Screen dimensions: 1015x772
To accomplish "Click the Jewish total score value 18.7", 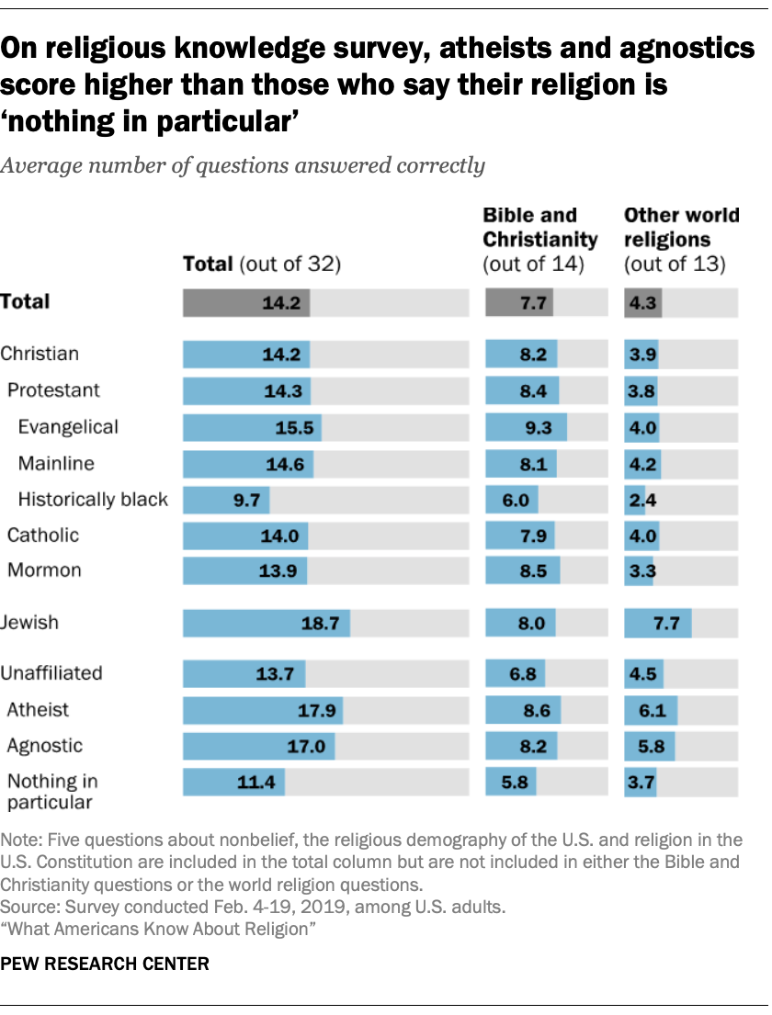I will click(x=321, y=624).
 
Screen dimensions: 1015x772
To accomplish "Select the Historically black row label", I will click(x=93, y=500).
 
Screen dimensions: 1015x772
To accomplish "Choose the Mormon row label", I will click(x=44, y=570).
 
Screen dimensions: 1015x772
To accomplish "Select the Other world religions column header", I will click(x=681, y=240).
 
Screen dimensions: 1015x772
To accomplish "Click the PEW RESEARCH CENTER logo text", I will click(x=105, y=964).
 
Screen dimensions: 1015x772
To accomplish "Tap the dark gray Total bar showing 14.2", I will click(x=246, y=302).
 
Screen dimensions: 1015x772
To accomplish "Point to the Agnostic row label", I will click(x=45, y=746).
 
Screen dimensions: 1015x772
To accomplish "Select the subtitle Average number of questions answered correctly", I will click(x=243, y=166).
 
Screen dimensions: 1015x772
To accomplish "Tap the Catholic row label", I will click(x=43, y=535).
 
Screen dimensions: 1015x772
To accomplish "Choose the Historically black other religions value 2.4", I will click(x=642, y=500).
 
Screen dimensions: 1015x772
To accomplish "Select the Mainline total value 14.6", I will click(x=285, y=464).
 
